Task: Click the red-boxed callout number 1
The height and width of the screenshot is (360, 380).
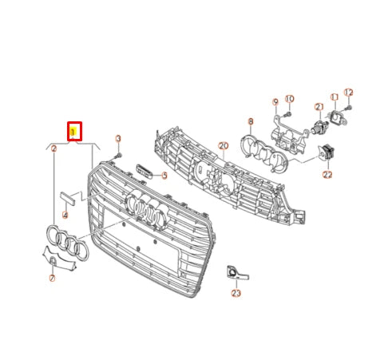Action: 74,129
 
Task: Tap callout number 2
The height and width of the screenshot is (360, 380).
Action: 53,148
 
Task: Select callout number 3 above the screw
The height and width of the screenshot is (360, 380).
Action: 118,138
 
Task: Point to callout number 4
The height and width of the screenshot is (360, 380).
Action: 65,216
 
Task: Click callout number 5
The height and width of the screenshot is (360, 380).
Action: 164,175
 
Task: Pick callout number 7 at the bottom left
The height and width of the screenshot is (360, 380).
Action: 53,279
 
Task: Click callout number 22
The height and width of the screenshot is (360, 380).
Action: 327,173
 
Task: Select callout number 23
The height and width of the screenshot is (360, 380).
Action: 236,294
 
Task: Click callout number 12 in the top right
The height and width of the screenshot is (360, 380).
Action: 348,93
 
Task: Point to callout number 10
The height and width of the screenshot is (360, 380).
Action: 289,99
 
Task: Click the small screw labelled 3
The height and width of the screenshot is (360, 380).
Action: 118,154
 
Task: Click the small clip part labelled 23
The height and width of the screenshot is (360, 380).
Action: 233,273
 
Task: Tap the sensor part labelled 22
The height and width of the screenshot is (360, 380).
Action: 328,152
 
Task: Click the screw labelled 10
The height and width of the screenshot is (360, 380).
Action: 289,113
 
